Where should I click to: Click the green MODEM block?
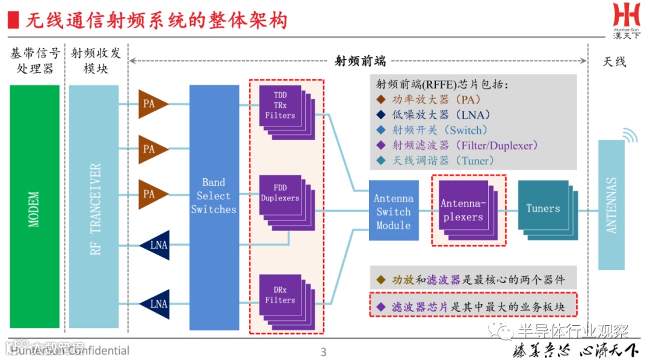[34, 207]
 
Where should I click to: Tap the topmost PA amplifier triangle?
[150, 104]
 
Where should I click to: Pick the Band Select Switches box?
[214, 207]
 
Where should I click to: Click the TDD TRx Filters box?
[280, 105]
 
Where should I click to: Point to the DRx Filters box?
[280, 296]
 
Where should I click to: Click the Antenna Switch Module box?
[394, 211]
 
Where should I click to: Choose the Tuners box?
[543, 208]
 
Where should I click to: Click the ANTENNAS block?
[611, 205]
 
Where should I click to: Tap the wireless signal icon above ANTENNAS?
[629, 136]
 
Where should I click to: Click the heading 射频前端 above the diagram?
[360, 61]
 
